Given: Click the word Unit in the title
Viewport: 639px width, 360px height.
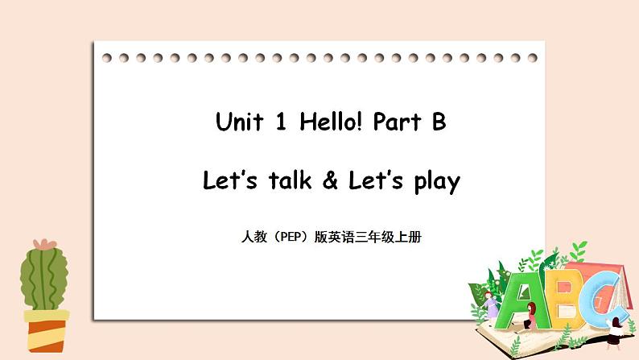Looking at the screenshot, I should tap(240, 123).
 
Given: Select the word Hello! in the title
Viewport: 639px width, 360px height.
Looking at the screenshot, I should tap(331, 123).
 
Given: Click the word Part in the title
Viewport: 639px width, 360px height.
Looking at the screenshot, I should tap(397, 123).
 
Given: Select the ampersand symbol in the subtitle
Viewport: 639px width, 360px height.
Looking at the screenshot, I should tap(329, 182).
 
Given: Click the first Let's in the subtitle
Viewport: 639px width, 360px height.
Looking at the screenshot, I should tap(229, 181).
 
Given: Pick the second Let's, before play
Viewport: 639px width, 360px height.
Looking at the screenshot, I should tap(374, 181).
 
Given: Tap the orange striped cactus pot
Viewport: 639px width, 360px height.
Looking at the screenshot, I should tap(46, 329).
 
